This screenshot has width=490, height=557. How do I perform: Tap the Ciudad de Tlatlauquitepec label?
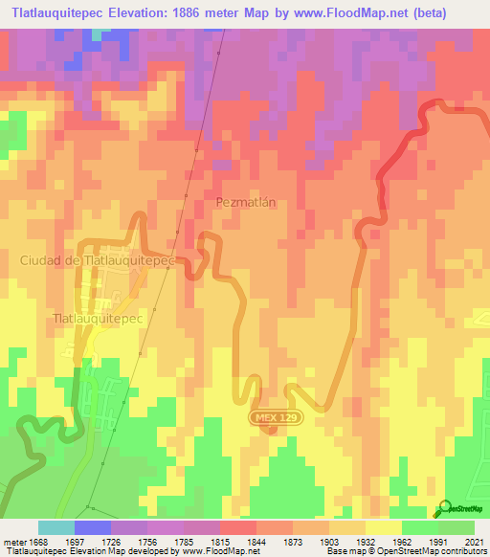(97, 260)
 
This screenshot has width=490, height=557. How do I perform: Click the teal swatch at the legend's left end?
(56, 527)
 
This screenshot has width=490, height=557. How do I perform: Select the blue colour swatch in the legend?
(93, 527)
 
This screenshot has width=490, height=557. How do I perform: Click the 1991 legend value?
(437, 541)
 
